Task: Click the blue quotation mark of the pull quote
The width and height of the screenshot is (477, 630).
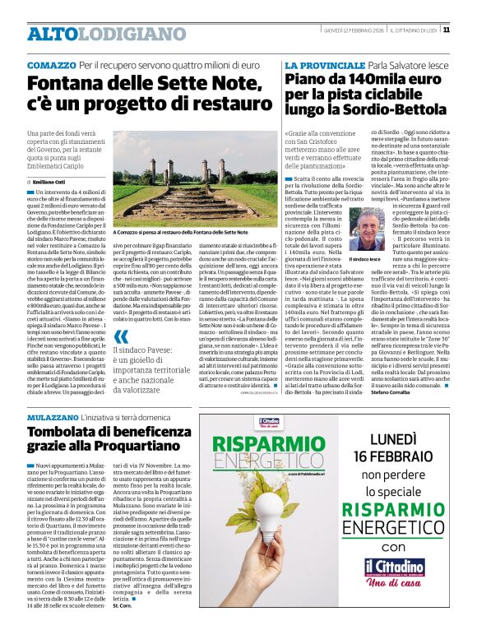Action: pyautogui.click(x=120, y=336)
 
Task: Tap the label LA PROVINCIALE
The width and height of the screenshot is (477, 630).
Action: pyautogui.click(x=318, y=64)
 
